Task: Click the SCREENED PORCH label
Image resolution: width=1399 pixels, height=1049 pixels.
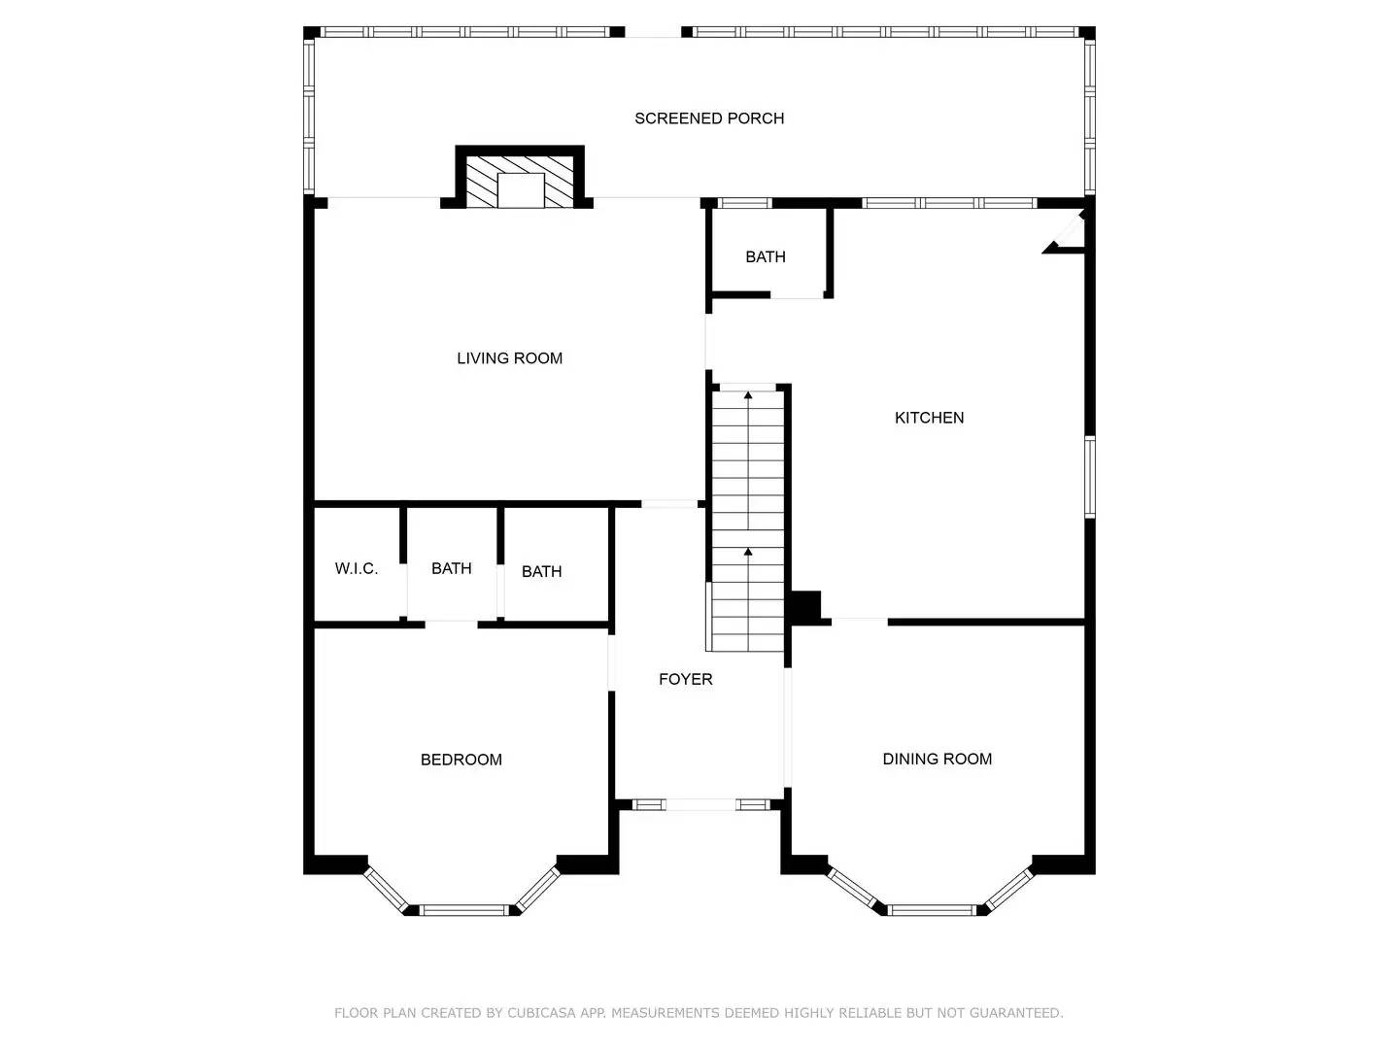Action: [709, 118]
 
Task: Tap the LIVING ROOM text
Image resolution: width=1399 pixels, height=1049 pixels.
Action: [510, 358]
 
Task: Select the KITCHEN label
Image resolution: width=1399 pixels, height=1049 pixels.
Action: [929, 418]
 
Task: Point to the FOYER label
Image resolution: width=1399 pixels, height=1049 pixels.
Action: [686, 680]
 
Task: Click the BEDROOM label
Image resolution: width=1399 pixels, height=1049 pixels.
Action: [461, 760]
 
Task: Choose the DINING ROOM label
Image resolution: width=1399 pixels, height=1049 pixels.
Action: [938, 759]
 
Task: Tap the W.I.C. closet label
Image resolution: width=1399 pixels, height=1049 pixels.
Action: [357, 569]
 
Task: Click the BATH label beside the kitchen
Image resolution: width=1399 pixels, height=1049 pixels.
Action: [766, 257]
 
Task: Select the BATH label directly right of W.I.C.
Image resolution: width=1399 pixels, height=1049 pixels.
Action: [452, 568]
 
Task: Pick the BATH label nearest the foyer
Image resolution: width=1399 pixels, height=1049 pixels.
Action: [542, 571]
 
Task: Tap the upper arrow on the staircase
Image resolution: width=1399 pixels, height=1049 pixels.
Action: [748, 395]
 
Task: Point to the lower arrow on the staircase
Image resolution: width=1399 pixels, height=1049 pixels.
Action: [748, 552]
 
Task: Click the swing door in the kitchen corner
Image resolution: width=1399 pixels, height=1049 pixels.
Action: [1065, 233]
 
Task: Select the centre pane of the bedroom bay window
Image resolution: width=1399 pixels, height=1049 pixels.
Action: [463, 910]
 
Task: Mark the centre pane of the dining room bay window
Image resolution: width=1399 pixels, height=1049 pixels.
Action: [933, 910]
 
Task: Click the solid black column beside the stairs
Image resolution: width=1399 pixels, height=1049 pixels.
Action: [805, 607]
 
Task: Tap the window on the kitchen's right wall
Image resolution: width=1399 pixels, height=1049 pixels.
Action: [1090, 477]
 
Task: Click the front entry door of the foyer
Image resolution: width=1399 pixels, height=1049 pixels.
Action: [699, 804]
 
